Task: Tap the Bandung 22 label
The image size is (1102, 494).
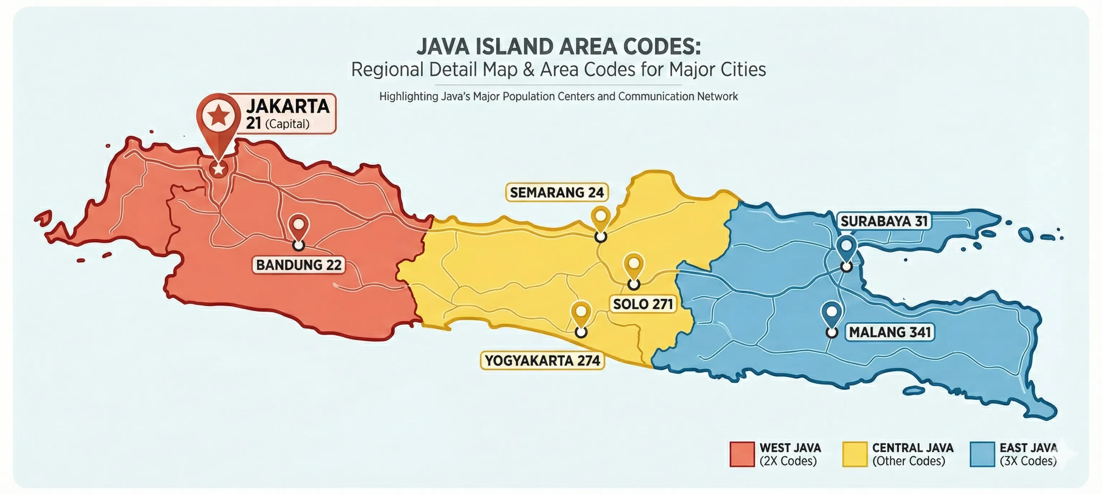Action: coord(298,265)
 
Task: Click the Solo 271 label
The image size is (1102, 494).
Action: coord(643,304)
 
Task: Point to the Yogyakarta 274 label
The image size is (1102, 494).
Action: coord(542,360)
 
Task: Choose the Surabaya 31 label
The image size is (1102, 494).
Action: coord(884,221)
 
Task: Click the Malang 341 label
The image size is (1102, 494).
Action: coord(890,332)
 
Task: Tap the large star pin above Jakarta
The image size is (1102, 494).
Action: coord(218,116)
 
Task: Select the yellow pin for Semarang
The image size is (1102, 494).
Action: coord(601,218)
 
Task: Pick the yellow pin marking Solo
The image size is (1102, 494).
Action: coord(634,264)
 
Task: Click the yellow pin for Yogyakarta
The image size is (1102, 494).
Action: coord(581,313)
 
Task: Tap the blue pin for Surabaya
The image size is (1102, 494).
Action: coord(847,247)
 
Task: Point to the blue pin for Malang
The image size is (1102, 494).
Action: coord(832,313)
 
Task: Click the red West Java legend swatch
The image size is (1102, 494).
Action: coord(742,454)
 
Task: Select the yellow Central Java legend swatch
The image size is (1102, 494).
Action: coord(855,454)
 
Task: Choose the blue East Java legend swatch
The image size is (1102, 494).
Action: coord(982,454)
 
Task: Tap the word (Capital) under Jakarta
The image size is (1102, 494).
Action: coord(287,124)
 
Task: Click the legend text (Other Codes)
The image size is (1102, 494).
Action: coord(909,461)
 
